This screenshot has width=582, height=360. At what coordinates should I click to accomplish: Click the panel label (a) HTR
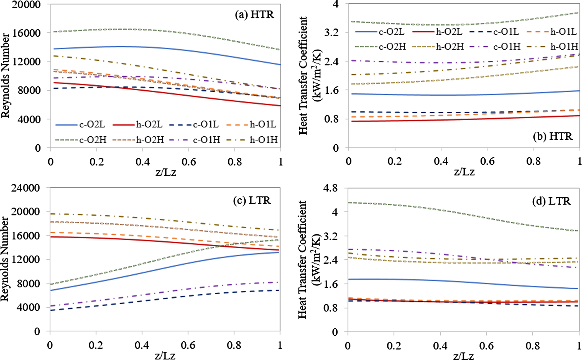click(x=254, y=15)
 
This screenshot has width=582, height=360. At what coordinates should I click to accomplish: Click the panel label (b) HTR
click(x=552, y=136)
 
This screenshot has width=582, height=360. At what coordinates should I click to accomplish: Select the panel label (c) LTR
click(x=252, y=200)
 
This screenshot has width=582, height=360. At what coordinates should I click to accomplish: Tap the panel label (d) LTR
click(x=551, y=201)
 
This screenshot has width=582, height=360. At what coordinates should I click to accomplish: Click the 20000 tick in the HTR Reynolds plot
click(x=26, y=5)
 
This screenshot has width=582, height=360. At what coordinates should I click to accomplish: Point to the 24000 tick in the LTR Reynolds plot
click(x=25, y=188)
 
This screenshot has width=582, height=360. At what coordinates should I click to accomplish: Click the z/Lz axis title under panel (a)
click(x=166, y=172)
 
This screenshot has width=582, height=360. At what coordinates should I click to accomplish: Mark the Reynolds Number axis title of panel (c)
click(x=5, y=259)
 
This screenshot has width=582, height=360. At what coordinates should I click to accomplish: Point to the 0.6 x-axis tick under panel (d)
click(x=486, y=346)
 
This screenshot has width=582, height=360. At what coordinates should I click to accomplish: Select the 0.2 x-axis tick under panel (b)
click(x=394, y=161)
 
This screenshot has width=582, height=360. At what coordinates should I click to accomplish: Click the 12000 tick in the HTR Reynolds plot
click(x=26, y=62)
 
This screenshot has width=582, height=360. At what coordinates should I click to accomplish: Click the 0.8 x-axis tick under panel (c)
click(x=234, y=345)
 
